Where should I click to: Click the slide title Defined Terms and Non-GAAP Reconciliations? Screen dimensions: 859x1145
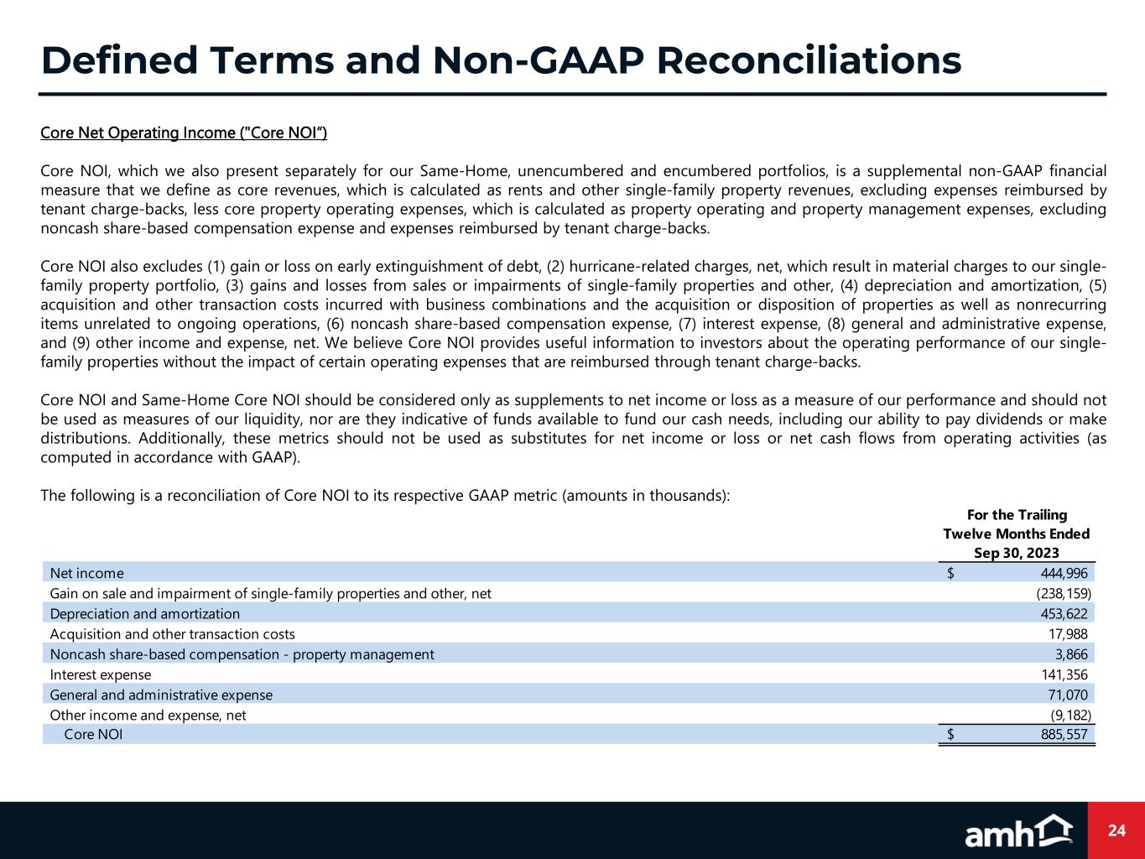(x=501, y=60)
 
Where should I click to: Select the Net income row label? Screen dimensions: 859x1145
(x=87, y=573)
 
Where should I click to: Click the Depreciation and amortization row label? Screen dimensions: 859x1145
(x=145, y=614)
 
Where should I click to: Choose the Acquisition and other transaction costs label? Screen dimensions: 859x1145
(x=172, y=634)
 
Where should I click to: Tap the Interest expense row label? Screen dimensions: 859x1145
(x=101, y=674)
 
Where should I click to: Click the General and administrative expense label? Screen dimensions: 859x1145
(x=161, y=695)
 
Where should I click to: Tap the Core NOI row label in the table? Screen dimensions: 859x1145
(x=93, y=735)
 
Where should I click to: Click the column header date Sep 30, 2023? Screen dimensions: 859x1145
(x=1016, y=553)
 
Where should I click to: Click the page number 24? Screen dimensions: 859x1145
(x=1116, y=830)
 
